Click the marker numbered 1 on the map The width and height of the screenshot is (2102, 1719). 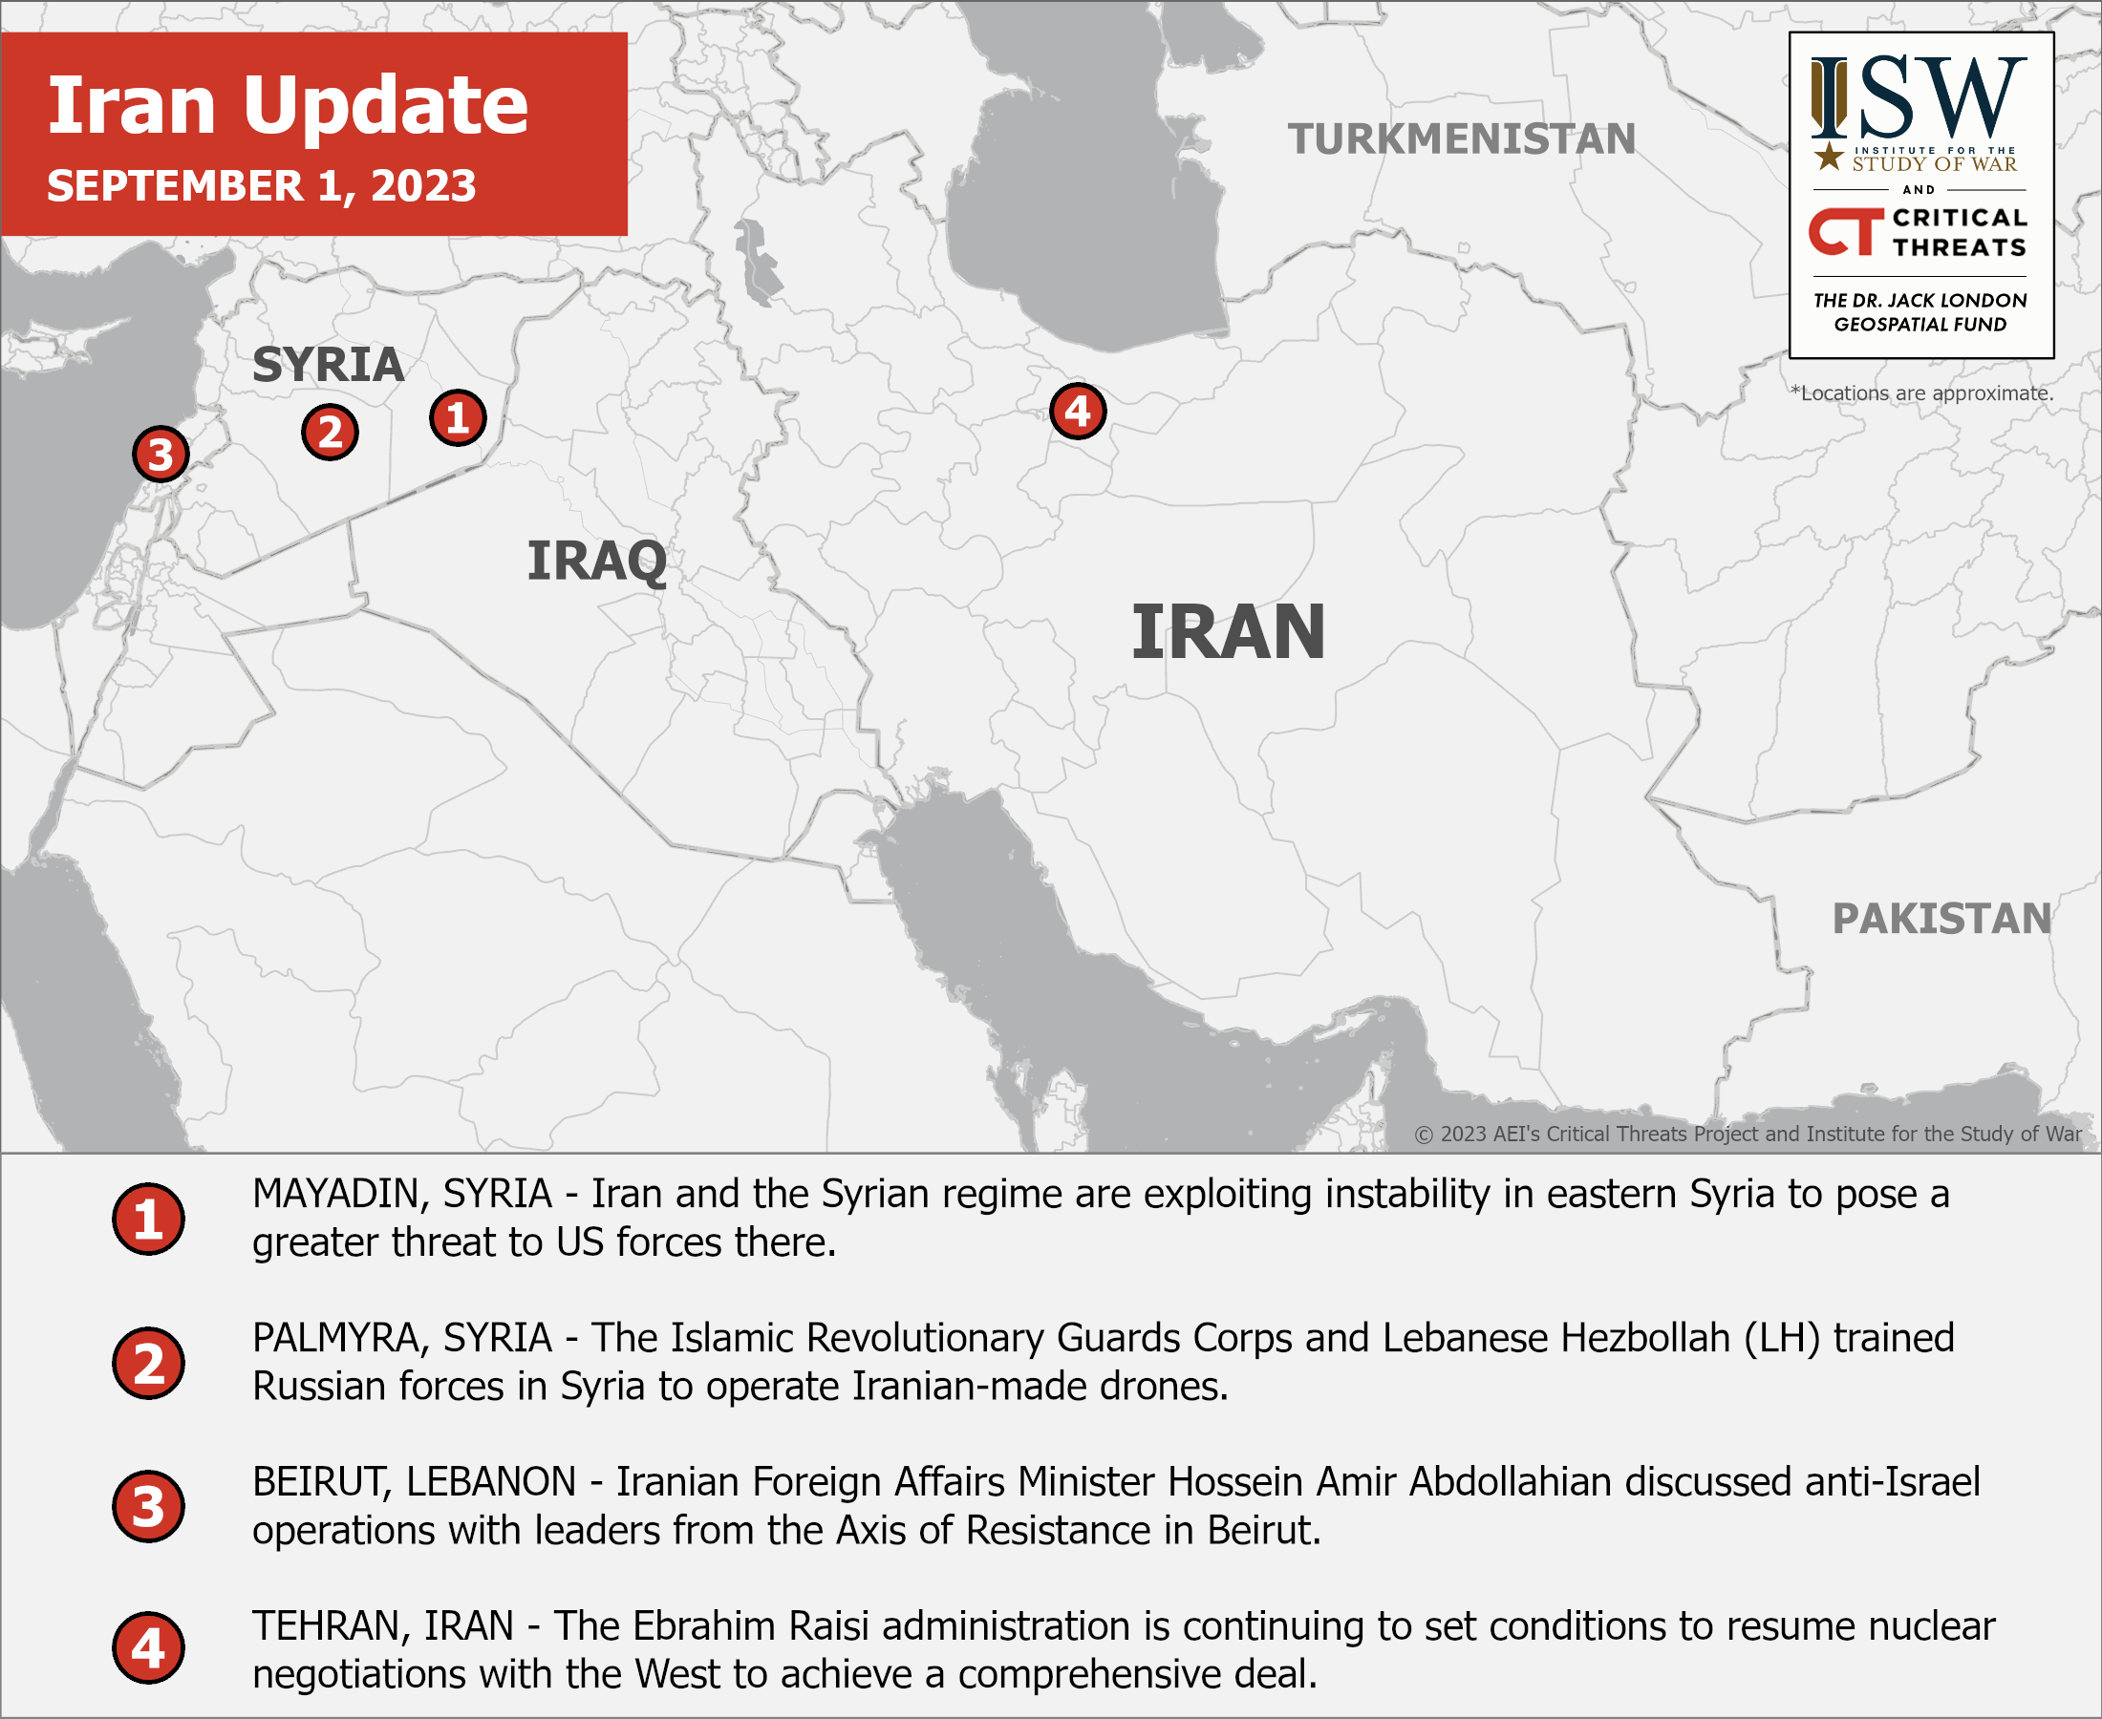click(x=458, y=418)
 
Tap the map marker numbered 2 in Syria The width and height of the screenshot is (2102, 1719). click(x=330, y=433)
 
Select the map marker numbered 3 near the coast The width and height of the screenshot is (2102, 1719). click(x=161, y=455)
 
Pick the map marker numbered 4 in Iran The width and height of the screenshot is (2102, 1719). click(x=1078, y=411)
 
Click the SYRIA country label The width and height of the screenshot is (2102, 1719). click(x=328, y=365)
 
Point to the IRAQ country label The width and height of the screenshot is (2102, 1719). click(x=596, y=561)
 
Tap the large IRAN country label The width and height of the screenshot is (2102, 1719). click(x=1228, y=632)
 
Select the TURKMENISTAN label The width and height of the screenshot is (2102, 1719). click(x=1461, y=138)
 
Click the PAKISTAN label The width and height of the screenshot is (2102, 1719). click(x=1941, y=918)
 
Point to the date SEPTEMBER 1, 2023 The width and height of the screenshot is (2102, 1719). click(x=262, y=186)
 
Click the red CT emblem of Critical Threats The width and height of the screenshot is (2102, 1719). click(x=1844, y=232)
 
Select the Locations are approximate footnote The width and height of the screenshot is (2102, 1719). click(x=1921, y=393)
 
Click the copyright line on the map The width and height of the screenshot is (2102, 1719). click(x=1748, y=1134)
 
